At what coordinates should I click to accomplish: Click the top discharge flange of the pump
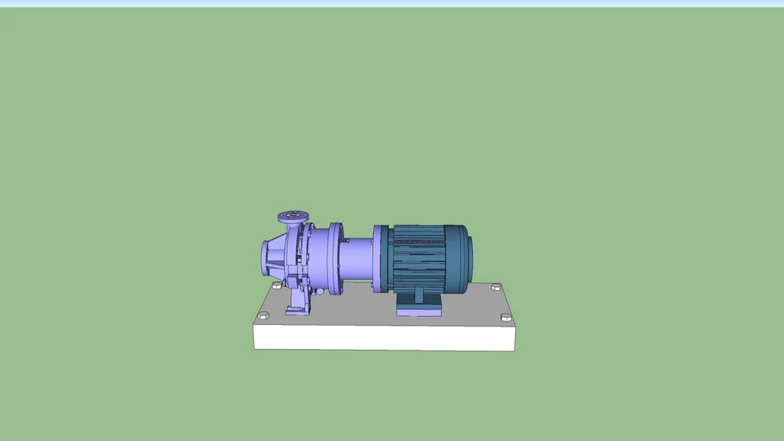click(293, 215)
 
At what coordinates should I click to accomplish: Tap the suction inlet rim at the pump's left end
click(264, 257)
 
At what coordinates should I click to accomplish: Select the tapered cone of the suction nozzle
click(277, 256)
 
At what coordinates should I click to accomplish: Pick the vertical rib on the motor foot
click(419, 296)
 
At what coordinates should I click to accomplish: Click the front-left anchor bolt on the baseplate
click(263, 317)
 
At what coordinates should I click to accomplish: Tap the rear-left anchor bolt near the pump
click(277, 285)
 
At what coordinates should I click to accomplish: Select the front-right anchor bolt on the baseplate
click(506, 318)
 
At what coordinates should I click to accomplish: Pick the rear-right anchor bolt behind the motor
click(495, 287)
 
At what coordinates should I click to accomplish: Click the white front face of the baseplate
click(383, 338)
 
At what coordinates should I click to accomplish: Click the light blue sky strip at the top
click(392, 3)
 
